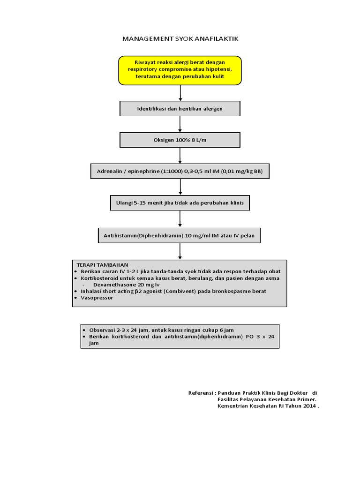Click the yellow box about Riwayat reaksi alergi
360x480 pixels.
click(180, 70)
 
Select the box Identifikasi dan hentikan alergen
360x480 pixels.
click(180, 109)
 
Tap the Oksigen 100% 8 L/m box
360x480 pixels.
click(180, 140)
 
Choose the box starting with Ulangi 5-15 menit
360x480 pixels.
click(180, 203)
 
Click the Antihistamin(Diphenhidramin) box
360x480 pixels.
click(180, 235)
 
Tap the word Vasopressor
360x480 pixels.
click(97, 298)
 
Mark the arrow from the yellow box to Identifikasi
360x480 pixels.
click(180, 93)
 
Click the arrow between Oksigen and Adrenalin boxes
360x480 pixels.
click(180, 156)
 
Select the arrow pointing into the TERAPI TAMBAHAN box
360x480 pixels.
click(180, 251)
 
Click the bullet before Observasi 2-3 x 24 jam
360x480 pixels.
click(83, 330)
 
